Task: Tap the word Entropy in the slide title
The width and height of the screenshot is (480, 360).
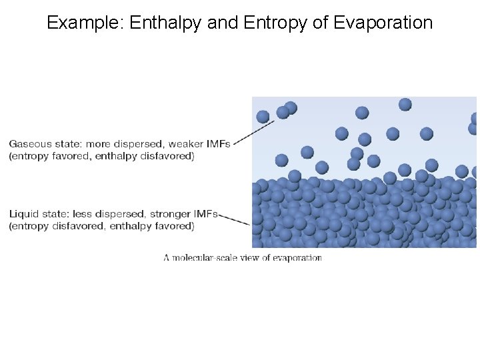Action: pos(268,23)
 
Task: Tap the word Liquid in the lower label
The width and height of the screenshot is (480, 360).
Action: pos(23,214)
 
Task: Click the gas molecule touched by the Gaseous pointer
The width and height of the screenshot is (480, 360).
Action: pos(263,117)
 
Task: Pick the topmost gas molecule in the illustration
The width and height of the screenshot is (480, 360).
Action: pos(405,104)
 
